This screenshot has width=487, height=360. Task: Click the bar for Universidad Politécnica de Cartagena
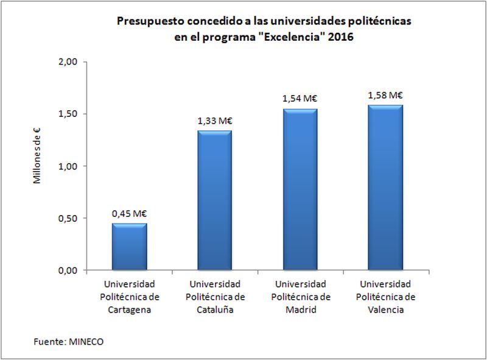click(129, 247)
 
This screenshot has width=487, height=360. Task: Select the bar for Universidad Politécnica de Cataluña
click(214, 200)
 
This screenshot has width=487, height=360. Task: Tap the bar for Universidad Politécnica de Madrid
click(300, 189)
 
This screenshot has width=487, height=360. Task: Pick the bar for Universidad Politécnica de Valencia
click(385, 188)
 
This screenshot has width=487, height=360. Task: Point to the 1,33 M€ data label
click(215, 121)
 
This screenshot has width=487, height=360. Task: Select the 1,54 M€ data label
click(300, 98)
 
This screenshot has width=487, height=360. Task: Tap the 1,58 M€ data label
click(385, 95)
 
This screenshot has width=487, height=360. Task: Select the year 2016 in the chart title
click(342, 36)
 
